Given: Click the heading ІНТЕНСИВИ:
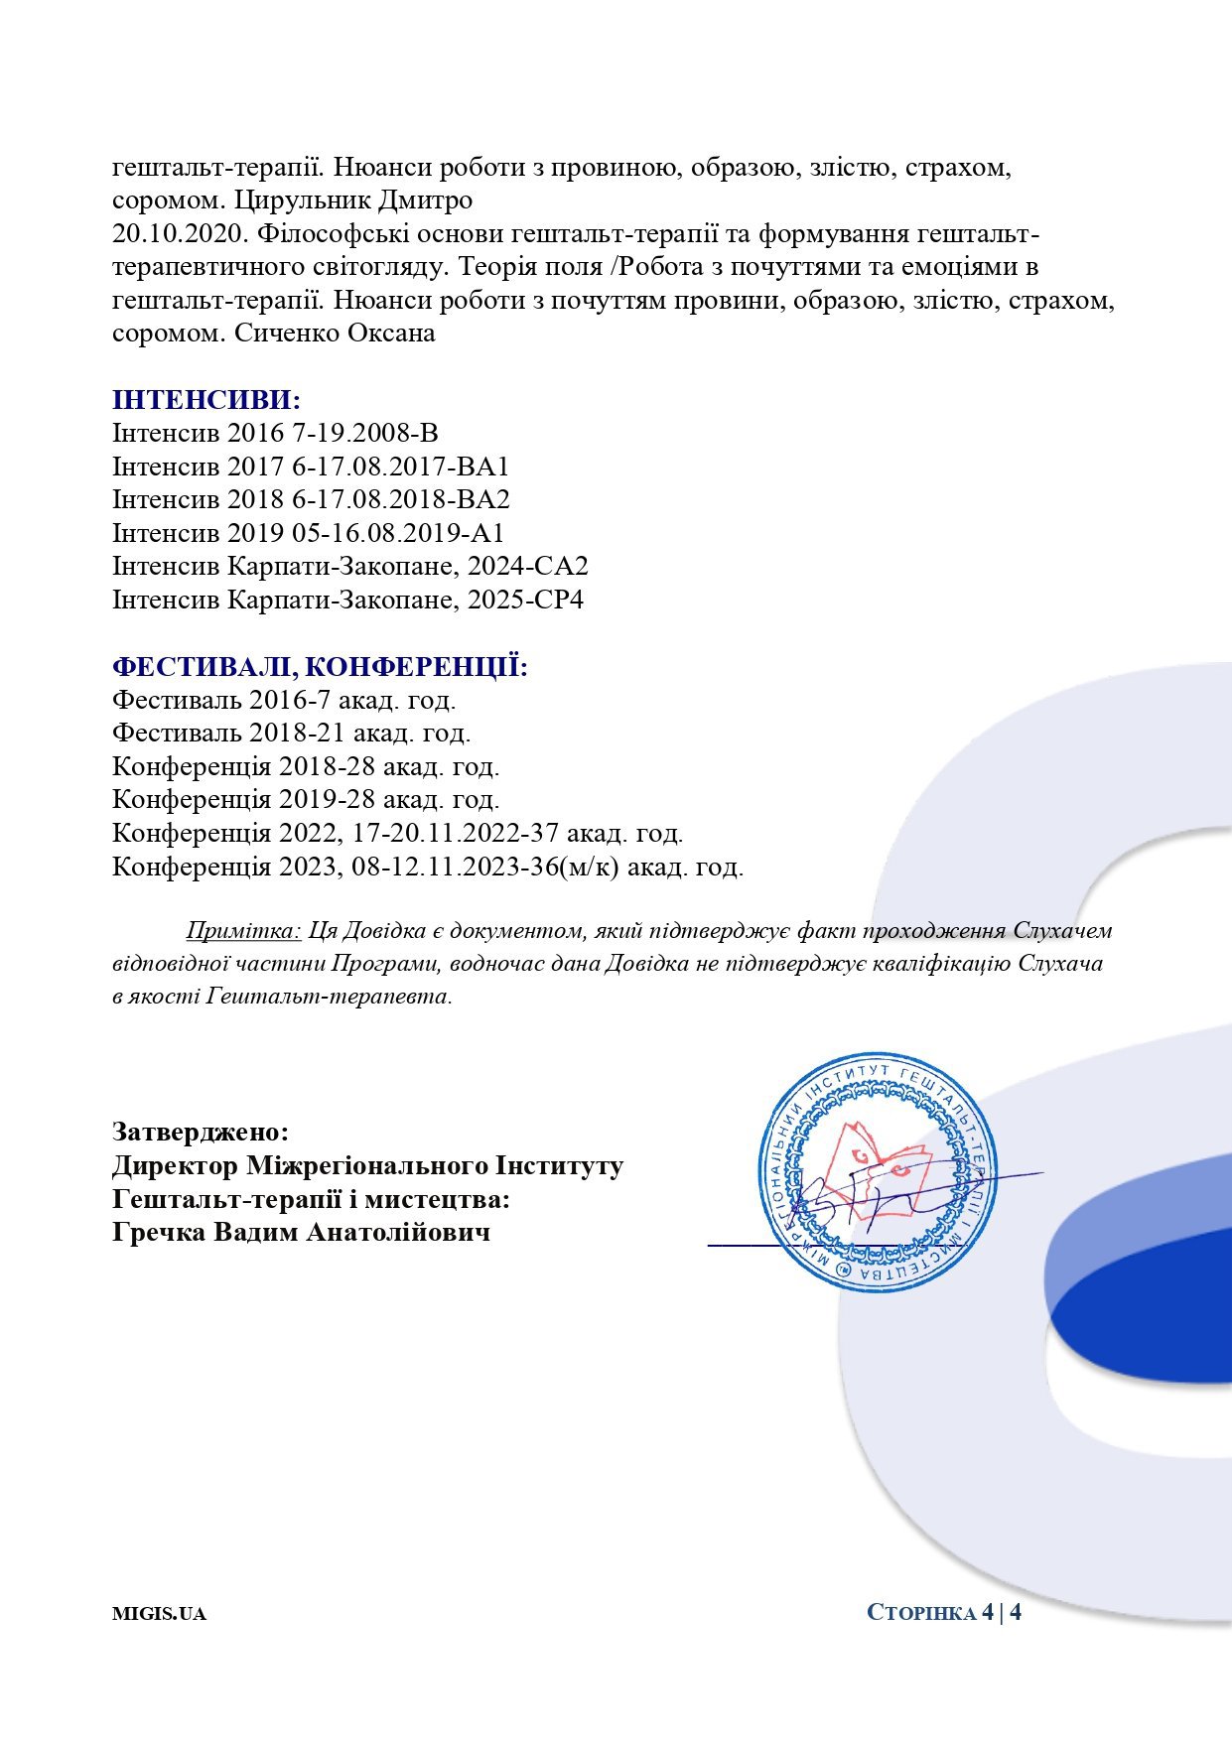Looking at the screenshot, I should click(206, 400).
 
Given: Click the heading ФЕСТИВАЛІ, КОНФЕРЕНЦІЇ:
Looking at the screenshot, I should click(320, 666).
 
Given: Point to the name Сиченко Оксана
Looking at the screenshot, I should click(335, 334).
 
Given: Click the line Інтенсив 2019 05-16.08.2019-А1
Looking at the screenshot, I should click(308, 533).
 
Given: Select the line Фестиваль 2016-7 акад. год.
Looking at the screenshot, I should click(284, 700).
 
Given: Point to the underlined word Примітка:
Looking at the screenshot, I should click(243, 931).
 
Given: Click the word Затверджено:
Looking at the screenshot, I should click(201, 1132).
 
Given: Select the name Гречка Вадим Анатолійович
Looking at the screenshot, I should click(301, 1233).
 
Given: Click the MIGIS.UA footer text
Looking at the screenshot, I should click(159, 1613).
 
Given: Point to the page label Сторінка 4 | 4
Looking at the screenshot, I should click(944, 1612).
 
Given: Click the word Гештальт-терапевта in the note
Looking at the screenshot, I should click(329, 996).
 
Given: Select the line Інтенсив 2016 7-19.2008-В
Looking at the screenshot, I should click(275, 434).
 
